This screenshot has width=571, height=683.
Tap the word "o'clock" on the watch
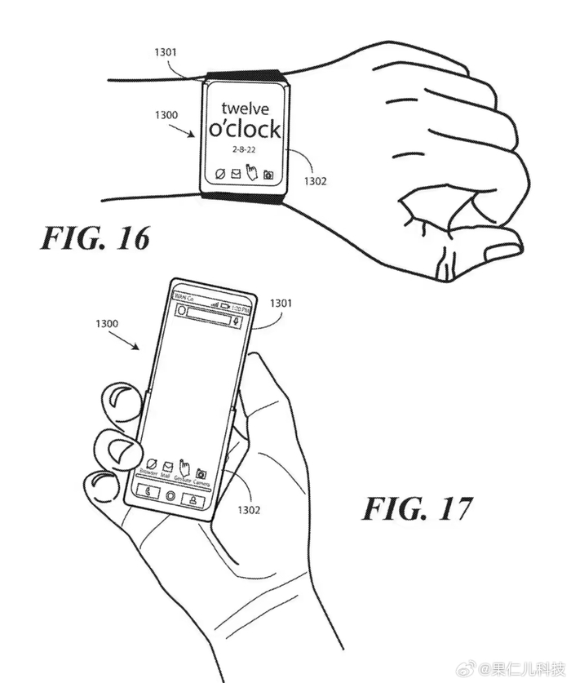(x=245, y=128)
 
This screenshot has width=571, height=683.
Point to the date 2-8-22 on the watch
(x=243, y=150)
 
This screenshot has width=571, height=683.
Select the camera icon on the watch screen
(x=268, y=174)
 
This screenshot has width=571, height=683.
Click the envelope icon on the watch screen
(x=235, y=174)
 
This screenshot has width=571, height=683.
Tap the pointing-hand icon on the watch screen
(x=252, y=172)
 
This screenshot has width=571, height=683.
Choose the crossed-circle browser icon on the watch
(x=219, y=174)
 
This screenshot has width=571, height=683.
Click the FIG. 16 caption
(x=95, y=239)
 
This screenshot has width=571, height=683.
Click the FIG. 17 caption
(x=417, y=509)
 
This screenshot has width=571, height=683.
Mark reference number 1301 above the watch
(x=166, y=51)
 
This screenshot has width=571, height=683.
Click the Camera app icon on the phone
(x=201, y=475)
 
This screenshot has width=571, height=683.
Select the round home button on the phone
(x=170, y=495)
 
